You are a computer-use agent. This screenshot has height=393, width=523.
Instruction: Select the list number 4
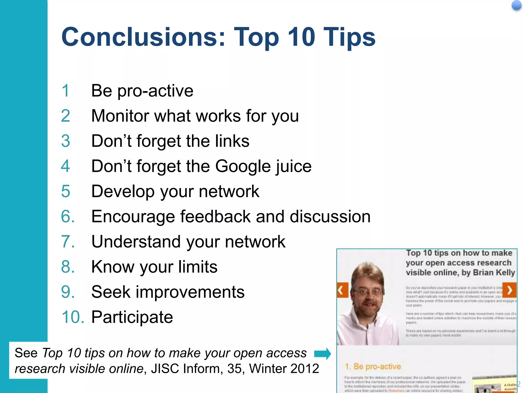(65, 166)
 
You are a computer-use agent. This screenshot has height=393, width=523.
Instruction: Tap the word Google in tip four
(243, 167)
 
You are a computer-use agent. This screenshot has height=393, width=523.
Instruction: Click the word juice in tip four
(294, 167)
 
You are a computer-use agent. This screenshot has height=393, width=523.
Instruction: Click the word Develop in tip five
(123, 192)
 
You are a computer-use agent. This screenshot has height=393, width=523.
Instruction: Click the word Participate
(132, 317)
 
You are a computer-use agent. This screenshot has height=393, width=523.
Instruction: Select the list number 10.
(73, 317)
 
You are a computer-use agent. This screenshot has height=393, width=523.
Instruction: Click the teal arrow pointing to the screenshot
(323, 354)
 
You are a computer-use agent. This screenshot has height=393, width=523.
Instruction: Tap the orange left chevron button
(342, 290)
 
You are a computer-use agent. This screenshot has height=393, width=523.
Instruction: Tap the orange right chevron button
(509, 290)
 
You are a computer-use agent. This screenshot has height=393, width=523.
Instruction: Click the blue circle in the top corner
(516, 5)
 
